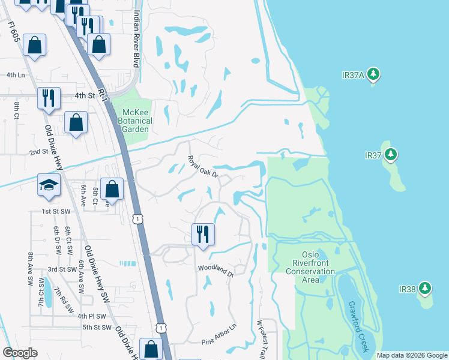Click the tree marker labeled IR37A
coord(374,74)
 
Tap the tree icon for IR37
coord(391,155)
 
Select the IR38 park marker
coord(425,289)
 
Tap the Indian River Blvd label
coord(137,38)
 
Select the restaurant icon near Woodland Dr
coord(203,233)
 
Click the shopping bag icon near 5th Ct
coord(112,188)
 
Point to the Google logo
coord(21,353)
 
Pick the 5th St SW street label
coord(97,327)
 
